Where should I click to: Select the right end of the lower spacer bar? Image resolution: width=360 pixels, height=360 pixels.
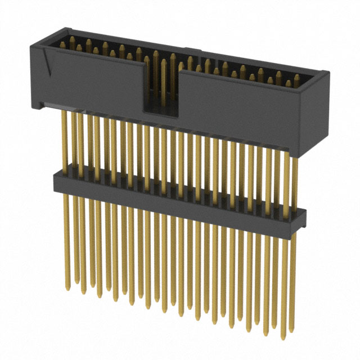pyautogui.click(x=304, y=216)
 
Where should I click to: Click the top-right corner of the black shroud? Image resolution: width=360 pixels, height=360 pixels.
pyautogui.click(x=327, y=70)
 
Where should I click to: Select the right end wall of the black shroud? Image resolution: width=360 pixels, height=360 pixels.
pyautogui.click(x=318, y=112)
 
